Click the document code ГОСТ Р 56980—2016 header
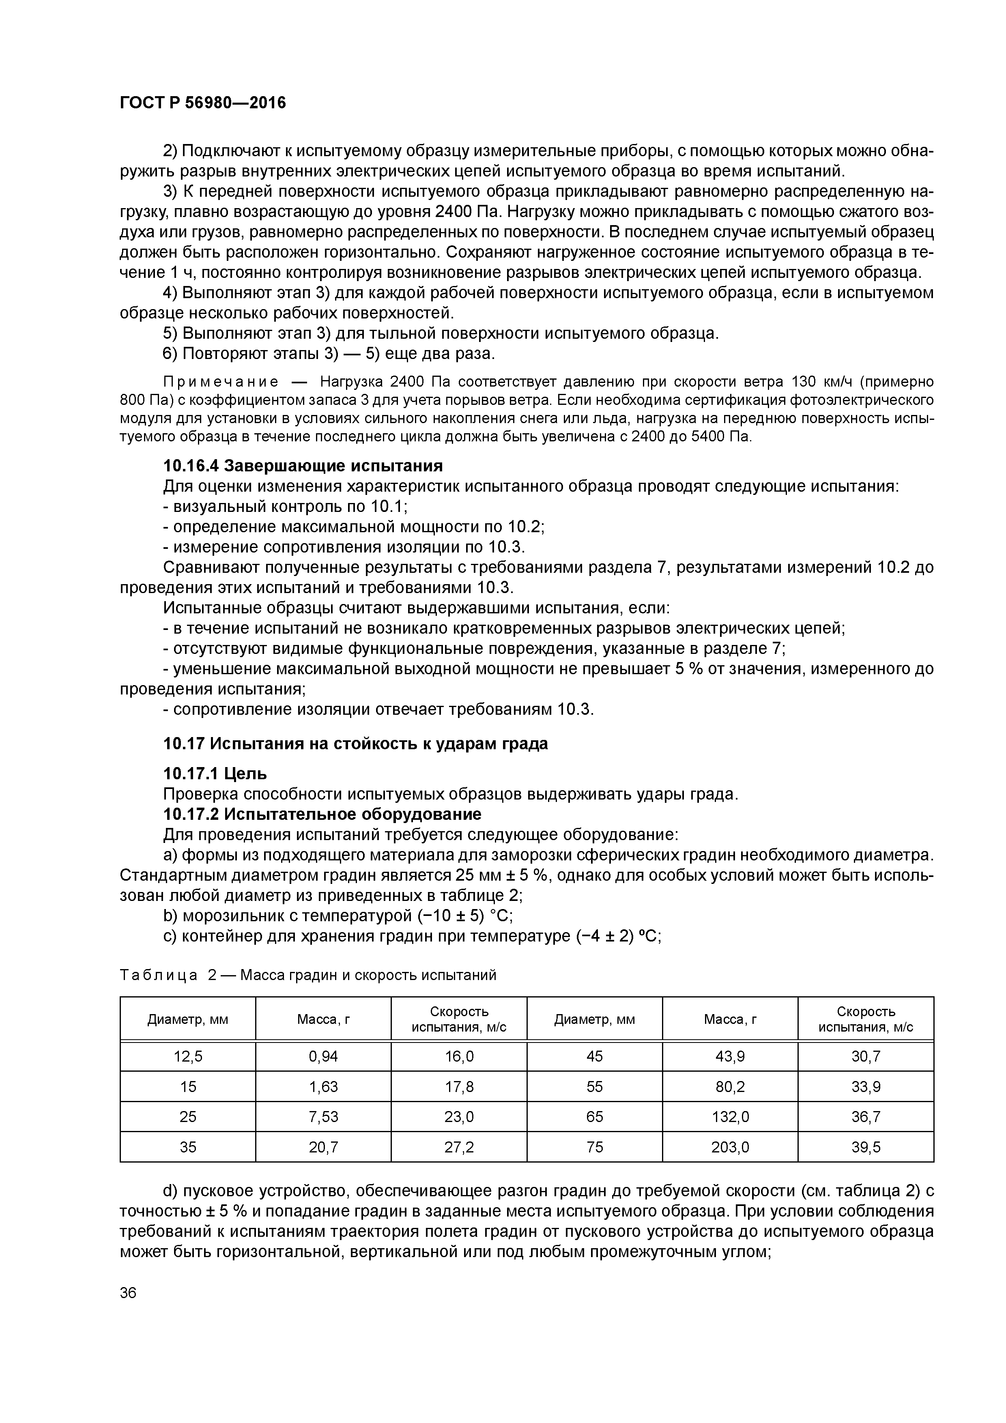(x=203, y=103)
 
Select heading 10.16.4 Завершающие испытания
(x=303, y=465)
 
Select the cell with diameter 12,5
(x=188, y=1056)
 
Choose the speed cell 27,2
(x=459, y=1147)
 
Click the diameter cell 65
(x=594, y=1117)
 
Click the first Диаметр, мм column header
(x=188, y=1019)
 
